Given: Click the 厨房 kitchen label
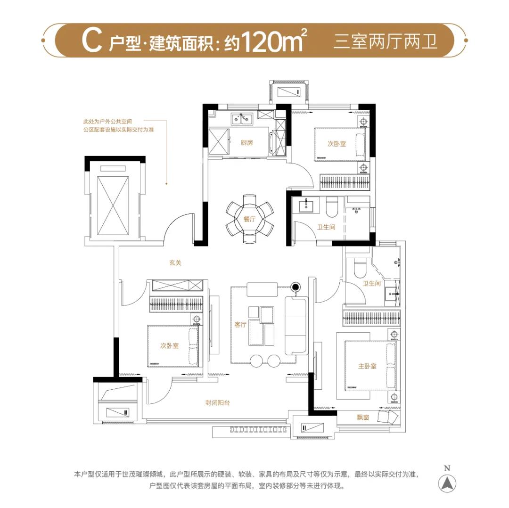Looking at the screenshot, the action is click(x=246, y=142).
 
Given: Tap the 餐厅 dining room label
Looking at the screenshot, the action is click(x=249, y=219).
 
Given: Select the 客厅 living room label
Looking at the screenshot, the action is click(x=240, y=324).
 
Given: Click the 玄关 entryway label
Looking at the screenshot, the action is click(x=175, y=263).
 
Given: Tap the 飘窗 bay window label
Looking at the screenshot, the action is click(x=362, y=417).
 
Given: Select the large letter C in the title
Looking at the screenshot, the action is click(x=92, y=41).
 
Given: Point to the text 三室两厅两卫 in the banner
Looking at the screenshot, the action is click(x=386, y=41).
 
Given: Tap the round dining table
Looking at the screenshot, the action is click(x=250, y=218).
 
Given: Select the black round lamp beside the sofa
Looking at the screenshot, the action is click(x=296, y=287).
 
